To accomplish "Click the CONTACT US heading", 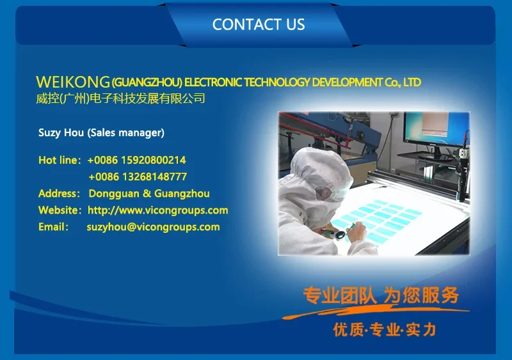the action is [259, 24].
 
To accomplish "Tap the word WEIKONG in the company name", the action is [73, 82].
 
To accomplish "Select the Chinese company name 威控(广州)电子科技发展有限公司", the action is [120, 98].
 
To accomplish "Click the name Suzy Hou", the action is [61, 132].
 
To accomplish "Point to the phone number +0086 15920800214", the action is [136, 160].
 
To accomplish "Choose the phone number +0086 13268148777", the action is [138, 177].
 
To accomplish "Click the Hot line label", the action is [60, 160].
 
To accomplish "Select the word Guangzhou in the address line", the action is [182, 194].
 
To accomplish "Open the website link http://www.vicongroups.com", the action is [158, 210].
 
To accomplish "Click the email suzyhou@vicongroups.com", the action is [153, 227].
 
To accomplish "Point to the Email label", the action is [54, 227].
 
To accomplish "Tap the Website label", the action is [60, 210].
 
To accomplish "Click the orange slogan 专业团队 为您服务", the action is [381, 295].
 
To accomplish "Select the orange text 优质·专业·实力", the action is [385, 330].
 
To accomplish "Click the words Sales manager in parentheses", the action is [125, 132].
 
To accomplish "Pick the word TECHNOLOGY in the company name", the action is [277, 82].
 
